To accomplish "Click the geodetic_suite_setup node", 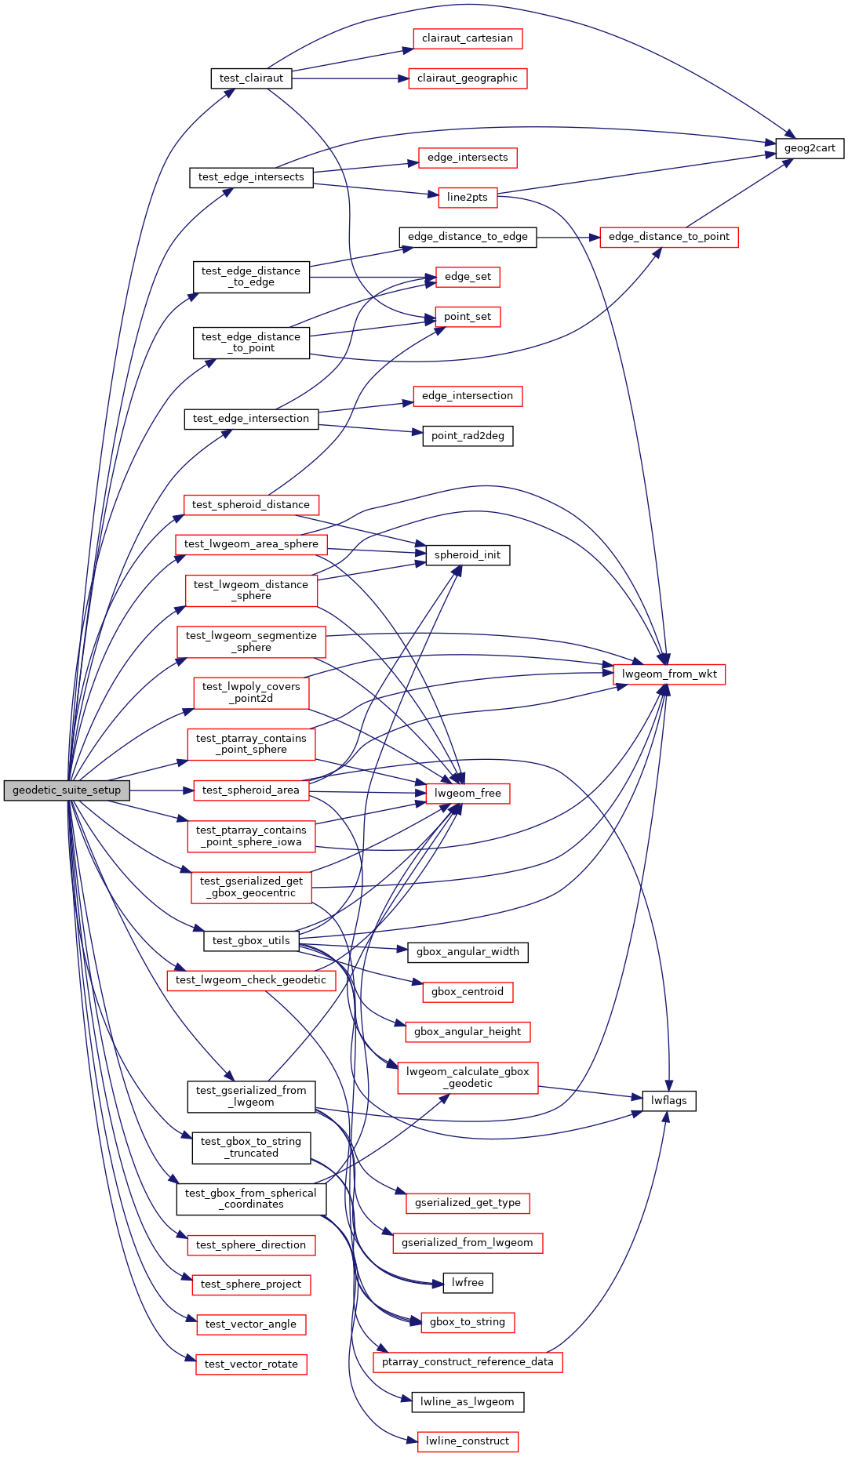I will coord(67,790).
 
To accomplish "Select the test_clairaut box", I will coord(251,78).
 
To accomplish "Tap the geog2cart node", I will coord(810,148).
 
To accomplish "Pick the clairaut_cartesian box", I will coord(468,38).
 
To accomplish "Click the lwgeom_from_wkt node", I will coord(669,674).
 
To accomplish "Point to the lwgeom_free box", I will coord(468,794).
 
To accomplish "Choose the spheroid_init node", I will coord(468,555).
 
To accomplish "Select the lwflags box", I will coord(668,1101).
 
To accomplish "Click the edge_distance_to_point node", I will coord(668,237).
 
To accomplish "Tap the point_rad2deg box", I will coord(468,436).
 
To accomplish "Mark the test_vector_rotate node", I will coord(251,1364).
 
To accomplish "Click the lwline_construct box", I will coord(468,1441).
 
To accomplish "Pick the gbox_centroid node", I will coord(468,992).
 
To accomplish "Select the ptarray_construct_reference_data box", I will coord(468,1362).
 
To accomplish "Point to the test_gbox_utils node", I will coord(251,941).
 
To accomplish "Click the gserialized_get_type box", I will coord(468,1203).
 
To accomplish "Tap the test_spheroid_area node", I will coord(251,790).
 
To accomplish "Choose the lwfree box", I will coord(468,1283).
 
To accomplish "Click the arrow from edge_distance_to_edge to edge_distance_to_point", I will coord(568,237).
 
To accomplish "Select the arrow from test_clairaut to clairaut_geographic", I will coord(350,78).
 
